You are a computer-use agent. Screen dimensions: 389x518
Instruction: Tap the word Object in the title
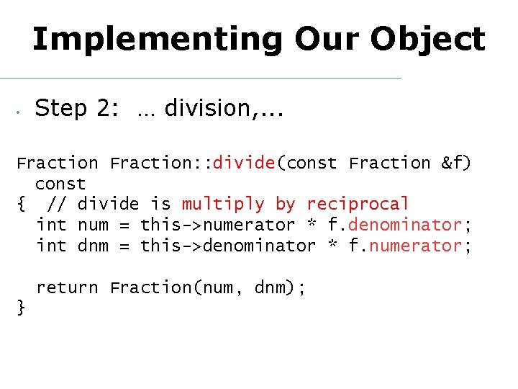click(435, 39)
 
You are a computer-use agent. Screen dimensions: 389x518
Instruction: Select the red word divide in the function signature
click(244, 164)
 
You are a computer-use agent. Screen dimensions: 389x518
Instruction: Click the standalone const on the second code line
click(60, 184)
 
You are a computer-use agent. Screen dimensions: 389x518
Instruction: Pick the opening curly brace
click(21, 205)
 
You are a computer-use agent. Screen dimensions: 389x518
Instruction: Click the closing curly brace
click(21, 308)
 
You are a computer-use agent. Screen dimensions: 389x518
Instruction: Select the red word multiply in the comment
click(223, 205)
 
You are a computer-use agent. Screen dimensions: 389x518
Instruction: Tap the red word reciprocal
click(358, 205)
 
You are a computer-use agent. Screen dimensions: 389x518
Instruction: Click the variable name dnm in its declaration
click(93, 246)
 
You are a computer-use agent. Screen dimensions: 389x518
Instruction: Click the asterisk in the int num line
click(332, 226)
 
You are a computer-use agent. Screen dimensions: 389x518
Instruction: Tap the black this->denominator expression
click(227, 246)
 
